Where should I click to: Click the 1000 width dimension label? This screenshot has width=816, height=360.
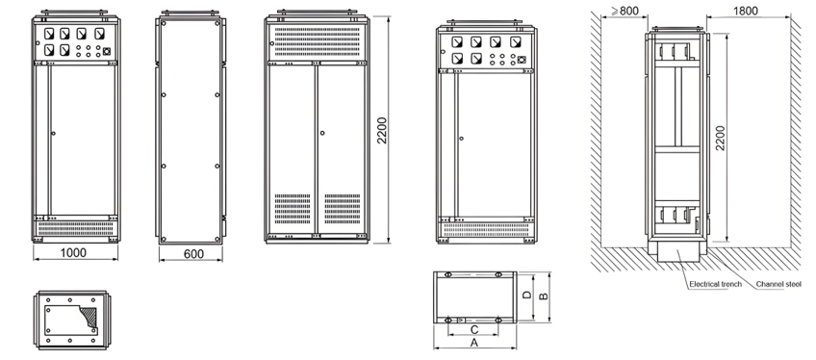point(74,252)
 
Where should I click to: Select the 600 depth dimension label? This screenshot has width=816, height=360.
point(193,252)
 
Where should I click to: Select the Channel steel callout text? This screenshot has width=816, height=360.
point(779,285)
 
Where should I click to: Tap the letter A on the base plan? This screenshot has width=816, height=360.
point(473,342)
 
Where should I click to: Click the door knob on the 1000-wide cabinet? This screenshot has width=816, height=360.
point(54,134)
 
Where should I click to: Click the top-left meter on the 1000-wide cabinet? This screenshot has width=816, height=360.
point(47,32)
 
